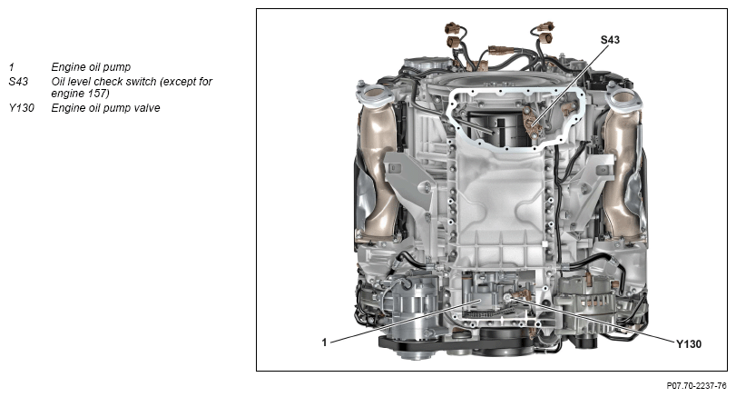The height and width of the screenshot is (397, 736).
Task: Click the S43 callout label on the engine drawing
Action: coord(610,40)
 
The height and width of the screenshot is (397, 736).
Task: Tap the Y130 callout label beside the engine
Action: coord(689,344)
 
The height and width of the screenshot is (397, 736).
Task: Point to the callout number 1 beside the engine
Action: coord(324,342)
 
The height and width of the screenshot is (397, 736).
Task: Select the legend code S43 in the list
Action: coord(18,81)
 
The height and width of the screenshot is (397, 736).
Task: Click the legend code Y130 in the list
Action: coord(21,107)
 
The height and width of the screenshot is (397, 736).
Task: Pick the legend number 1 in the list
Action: coord(11,66)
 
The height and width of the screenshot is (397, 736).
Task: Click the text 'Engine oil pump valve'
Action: coord(105,107)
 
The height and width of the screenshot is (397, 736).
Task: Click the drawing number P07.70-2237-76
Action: coord(697,386)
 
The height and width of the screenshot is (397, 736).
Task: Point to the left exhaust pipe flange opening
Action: coord(374,93)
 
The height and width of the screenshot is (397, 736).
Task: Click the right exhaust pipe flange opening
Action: coord(623,97)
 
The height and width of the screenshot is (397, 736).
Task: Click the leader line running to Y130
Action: coord(594,319)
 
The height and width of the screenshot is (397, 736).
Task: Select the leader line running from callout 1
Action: coord(405,322)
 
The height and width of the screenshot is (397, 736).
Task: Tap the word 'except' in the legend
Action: coord(180,81)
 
